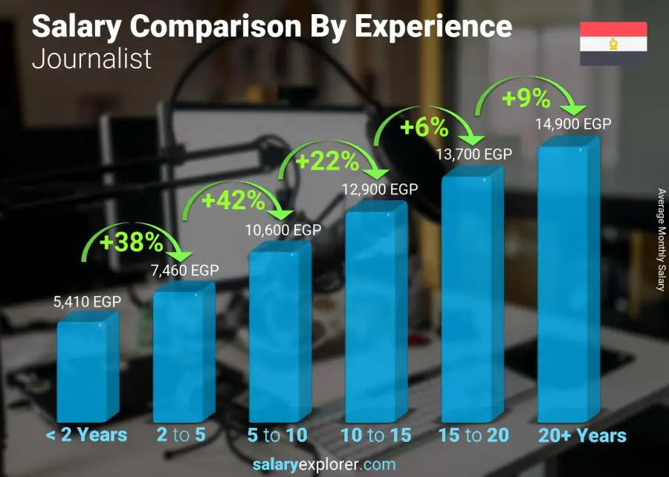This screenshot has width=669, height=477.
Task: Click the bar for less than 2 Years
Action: pos(87,368)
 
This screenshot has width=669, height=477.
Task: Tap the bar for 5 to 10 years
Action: pos(279,336)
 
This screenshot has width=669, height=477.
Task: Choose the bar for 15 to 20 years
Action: pos(471,298)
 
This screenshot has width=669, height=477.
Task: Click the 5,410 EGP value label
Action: pos(87,302)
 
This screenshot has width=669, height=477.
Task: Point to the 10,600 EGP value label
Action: pos(283,231)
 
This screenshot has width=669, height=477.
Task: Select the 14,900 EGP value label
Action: pos(573,124)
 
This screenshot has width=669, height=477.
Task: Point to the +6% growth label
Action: pos(424,128)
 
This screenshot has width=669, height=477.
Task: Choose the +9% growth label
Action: pos(526,97)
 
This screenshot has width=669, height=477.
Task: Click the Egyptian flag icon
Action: pos(613,43)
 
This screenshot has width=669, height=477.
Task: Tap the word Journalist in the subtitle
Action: pos(91,60)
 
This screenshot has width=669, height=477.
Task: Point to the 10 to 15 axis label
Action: pos(375,435)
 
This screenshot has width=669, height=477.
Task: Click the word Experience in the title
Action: pos(433,27)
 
